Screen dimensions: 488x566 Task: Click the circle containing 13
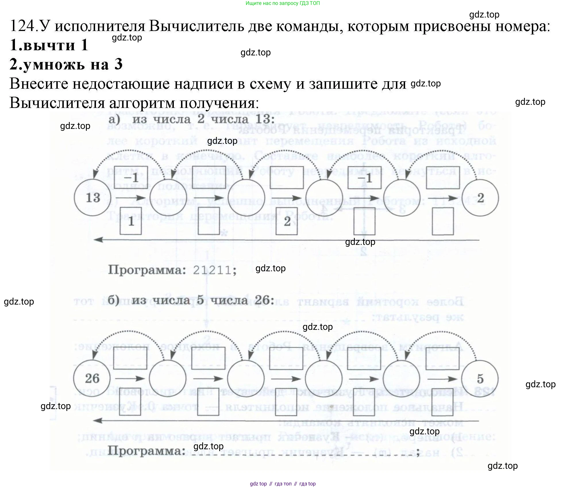[93, 198]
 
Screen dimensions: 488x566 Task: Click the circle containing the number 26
[92, 378]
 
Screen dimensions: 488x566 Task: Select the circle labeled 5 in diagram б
[480, 379]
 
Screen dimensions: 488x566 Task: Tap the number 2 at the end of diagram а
[480, 198]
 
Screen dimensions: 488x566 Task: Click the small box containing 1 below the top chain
[131, 221]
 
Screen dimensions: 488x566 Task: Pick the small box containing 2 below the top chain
[287, 221]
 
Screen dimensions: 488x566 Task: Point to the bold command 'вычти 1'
[49, 45]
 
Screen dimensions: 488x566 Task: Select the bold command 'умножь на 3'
[66, 64]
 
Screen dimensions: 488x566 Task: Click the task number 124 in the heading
[22, 26]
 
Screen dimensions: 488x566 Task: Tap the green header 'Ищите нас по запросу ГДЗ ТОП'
[283, 3]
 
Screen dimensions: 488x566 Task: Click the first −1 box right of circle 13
[131, 177]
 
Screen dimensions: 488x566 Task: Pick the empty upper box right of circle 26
[130, 358]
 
